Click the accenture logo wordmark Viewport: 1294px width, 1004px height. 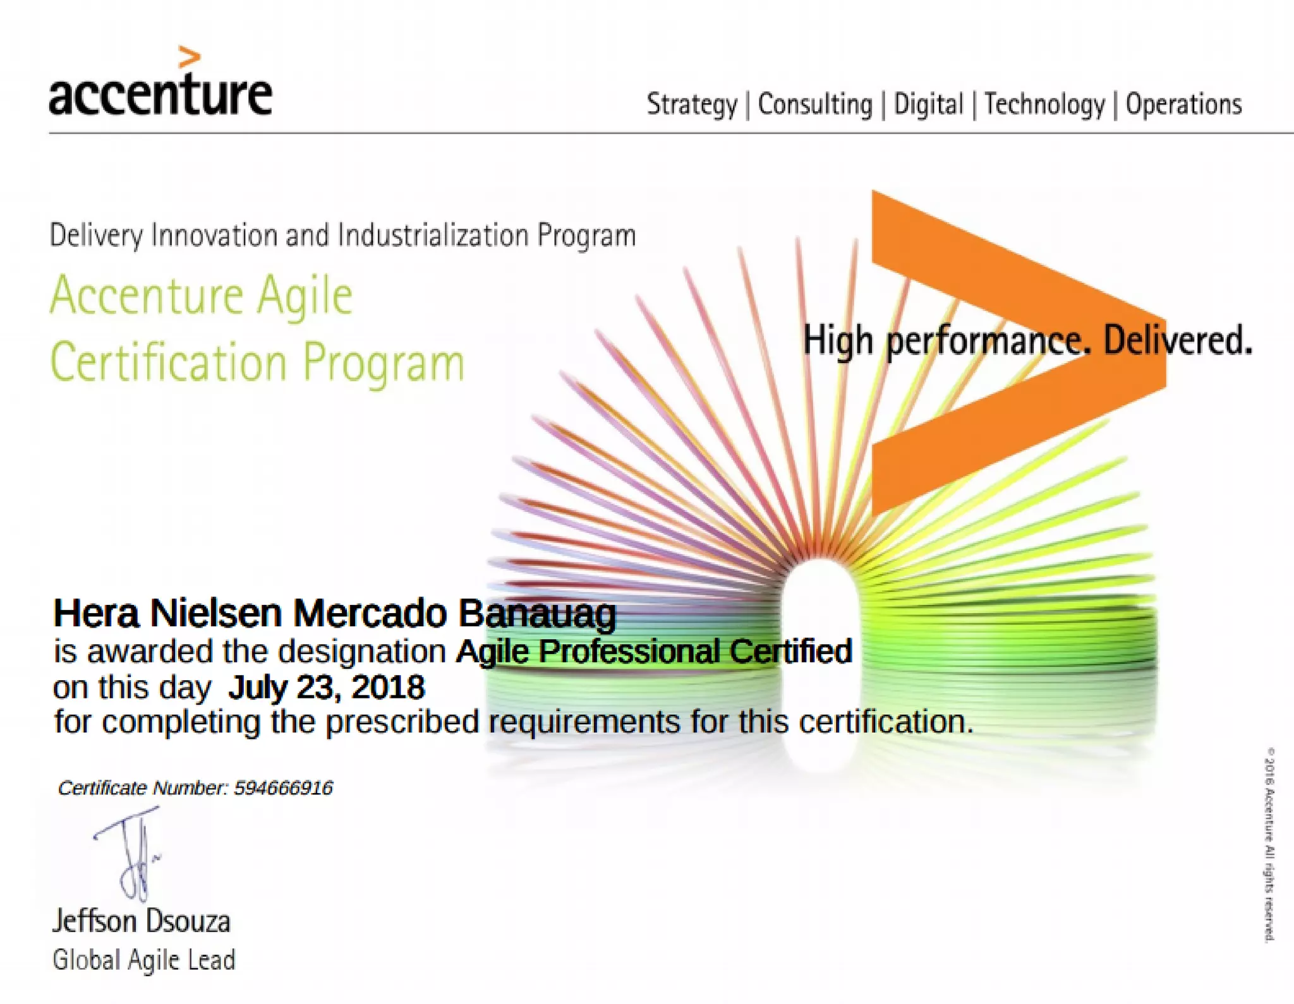[160, 95]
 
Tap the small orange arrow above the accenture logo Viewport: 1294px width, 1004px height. [189, 57]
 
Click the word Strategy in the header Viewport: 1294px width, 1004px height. [691, 104]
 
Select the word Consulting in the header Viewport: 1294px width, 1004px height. [814, 104]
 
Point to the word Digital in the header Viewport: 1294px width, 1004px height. [928, 104]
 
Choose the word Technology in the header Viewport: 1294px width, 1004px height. [1044, 104]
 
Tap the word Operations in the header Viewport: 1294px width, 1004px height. [1183, 104]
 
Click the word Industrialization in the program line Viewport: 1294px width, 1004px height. [433, 236]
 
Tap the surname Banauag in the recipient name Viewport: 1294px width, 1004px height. [536, 613]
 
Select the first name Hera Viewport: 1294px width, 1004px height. [95, 613]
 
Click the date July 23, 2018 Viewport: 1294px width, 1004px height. [326, 687]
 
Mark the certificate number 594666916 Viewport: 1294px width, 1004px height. [283, 788]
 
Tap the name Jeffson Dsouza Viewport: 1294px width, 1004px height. [142, 921]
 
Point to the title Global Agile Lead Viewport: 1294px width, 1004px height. [144, 960]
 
